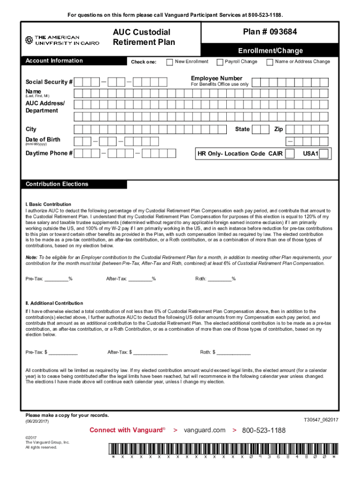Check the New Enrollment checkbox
tap(169, 62)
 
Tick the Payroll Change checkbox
tap(219, 62)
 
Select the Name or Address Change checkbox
tap(269, 62)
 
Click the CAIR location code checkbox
tap(290, 153)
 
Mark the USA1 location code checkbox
tap(324, 153)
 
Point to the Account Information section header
tap(54, 61)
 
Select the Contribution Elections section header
tap(57, 184)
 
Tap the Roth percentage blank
tap(219, 279)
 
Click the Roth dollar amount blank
tap(233, 352)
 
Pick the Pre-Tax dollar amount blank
tap(63, 352)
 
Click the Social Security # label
tap(49, 82)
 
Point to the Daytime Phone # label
tap(49, 153)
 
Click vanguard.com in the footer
tap(204, 430)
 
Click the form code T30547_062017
tap(321, 420)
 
